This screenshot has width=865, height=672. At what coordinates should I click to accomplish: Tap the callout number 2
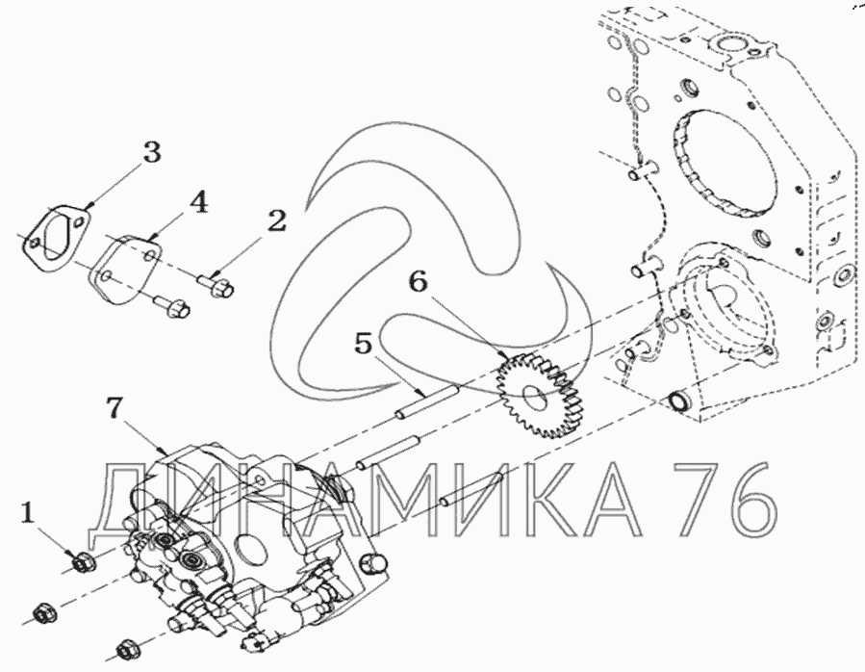pyautogui.click(x=277, y=220)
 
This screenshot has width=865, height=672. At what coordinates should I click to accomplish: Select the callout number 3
pyautogui.click(x=152, y=151)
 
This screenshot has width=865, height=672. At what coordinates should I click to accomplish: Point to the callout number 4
pyautogui.click(x=197, y=202)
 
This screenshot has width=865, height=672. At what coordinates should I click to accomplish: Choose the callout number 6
pyautogui.click(x=416, y=281)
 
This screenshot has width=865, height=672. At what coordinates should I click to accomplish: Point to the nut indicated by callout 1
pyautogui.click(x=82, y=560)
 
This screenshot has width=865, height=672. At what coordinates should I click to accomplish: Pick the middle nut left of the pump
pyautogui.click(x=42, y=612)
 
